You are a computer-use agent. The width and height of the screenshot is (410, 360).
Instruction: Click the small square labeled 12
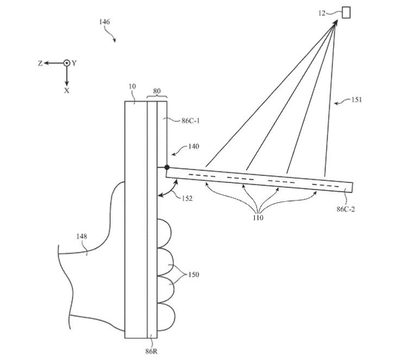(345, 11)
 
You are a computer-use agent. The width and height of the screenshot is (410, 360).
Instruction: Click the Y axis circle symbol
(67, 63)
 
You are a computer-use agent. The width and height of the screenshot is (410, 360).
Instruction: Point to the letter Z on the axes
(40, 64)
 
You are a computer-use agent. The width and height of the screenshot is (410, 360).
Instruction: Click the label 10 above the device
(132, 87)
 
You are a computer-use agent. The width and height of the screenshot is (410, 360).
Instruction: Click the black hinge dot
(167, 167)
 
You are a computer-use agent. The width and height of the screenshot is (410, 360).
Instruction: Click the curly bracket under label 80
(156, 97)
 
